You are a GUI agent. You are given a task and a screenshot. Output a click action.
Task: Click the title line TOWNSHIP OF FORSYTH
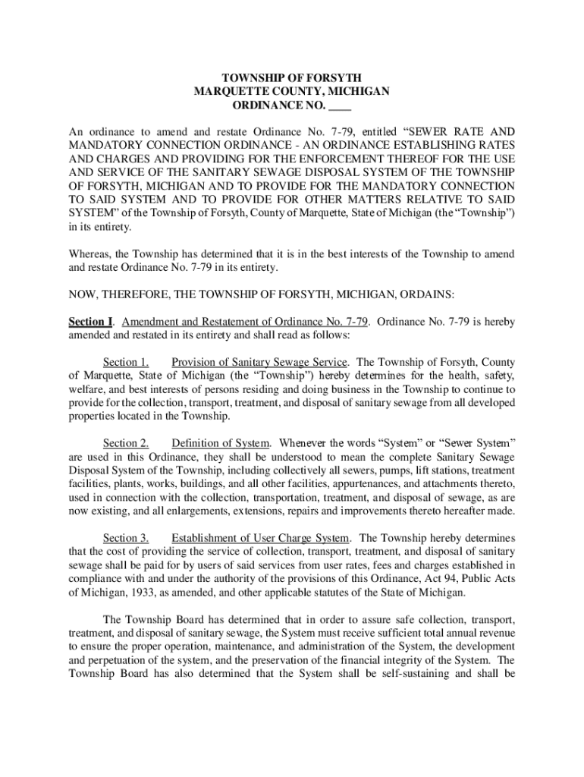(291, 77)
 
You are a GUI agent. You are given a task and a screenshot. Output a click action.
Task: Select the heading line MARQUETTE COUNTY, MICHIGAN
(291, 91)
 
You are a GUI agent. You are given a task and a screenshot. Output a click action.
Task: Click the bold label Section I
(85, 322)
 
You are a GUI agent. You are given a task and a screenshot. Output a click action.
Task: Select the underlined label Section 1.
(126, 361)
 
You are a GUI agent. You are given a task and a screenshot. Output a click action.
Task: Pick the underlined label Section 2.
(126, 443)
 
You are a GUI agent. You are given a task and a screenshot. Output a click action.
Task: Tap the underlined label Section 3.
(126, 538)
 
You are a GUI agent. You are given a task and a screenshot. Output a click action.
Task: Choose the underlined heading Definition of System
(221, 443)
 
